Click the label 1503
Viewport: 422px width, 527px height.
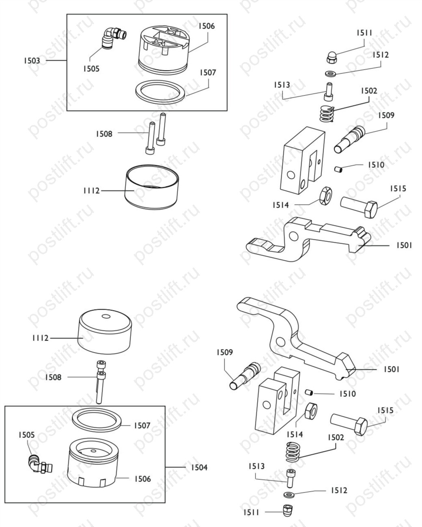click(x=32, y=60)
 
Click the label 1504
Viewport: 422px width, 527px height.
click(x=199, y=467)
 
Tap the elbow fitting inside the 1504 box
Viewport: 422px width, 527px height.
click(x=40, y=463)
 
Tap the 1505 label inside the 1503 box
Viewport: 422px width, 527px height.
click(x=91, y=69)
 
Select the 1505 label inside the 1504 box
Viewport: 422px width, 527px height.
click(x=27, y=435)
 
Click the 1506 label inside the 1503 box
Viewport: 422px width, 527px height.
click(x=207, y=26)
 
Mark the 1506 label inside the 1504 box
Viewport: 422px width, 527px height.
click(x=143, y=479)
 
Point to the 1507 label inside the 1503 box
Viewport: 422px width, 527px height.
click(x=208, y=73)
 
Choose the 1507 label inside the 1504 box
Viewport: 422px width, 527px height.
click(x=142, y=425)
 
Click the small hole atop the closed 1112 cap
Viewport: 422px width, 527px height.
click(x=106, y=317)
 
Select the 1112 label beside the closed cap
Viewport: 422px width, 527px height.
click(x=41, y=338)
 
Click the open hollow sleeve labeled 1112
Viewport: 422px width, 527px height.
click(x=152, y=187)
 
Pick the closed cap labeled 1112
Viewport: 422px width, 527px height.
click(x=105, y=331)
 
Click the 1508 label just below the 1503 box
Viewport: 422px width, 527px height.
click(x=104, y=134)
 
